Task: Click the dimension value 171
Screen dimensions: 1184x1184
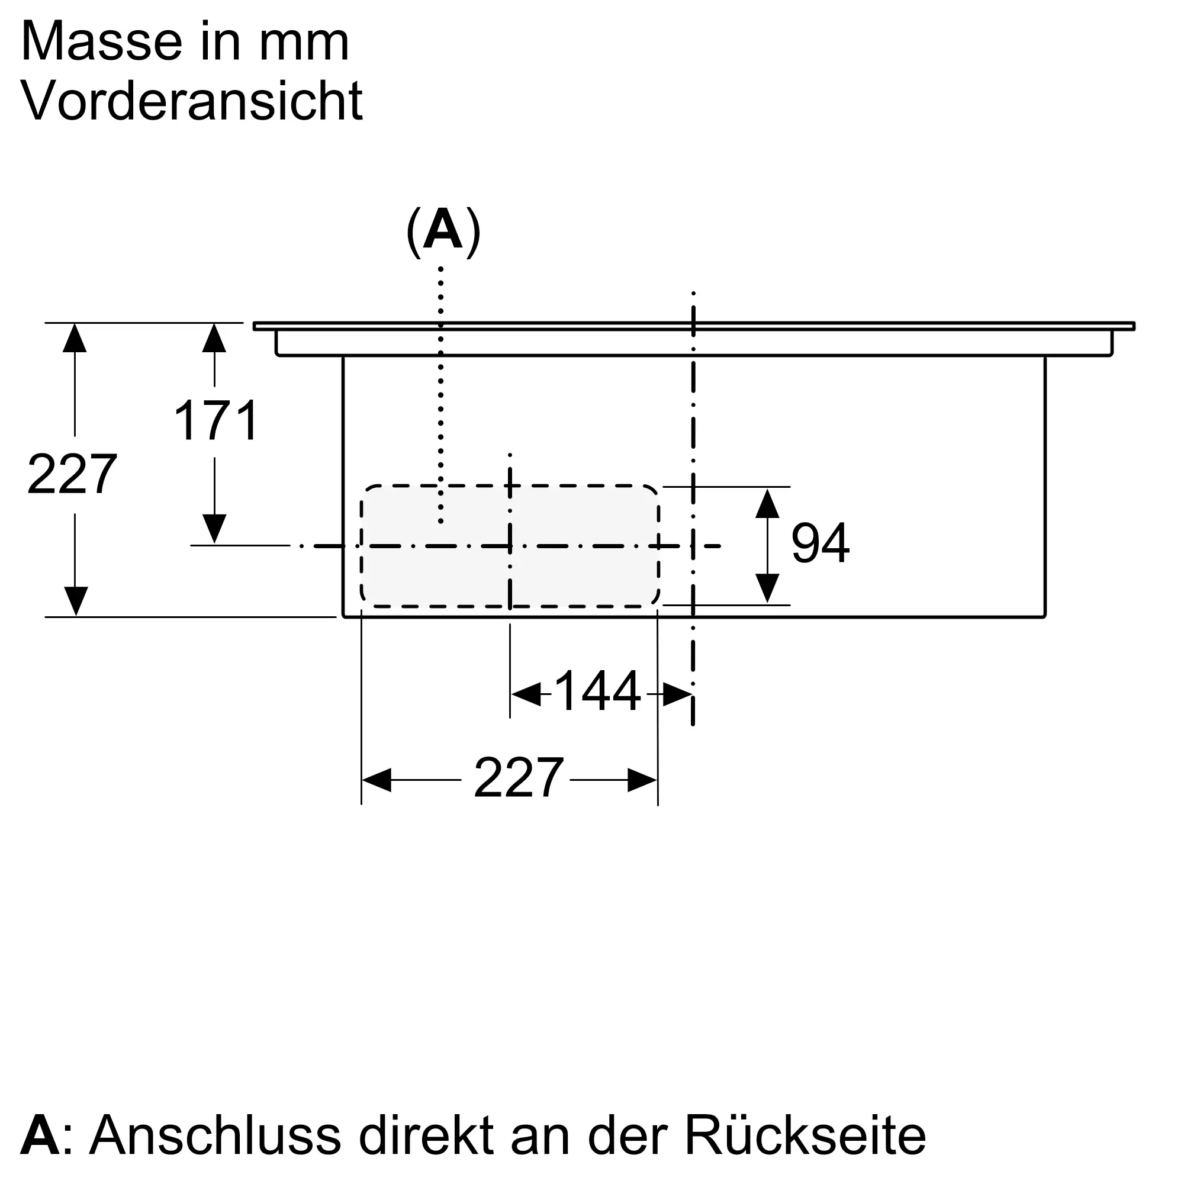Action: pyautogui.click(x=216, y=420)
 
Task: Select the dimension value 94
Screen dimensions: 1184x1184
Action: pyautogui.click(x=820, y=543)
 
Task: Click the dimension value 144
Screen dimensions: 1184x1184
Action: pyautogui.click(x=597, y=691)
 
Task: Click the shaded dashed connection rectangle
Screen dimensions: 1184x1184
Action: pyautogui.click(x=510, y=546)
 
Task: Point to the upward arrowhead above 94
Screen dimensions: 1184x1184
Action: pyautogui.click(x=767, y=503)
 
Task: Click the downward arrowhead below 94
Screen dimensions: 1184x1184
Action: pyautogui.click(x=767, y=589)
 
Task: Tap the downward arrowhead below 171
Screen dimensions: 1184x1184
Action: pyautogui.click(x=214, y=529)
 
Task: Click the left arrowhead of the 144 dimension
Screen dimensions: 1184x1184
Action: pyautogui.click(x=526, y=694)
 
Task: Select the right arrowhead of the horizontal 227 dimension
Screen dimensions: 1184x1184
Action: pyautogui.click(x=642, y=780)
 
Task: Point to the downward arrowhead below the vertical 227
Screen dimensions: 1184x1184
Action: pyautogui.click(x=75, y=601)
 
